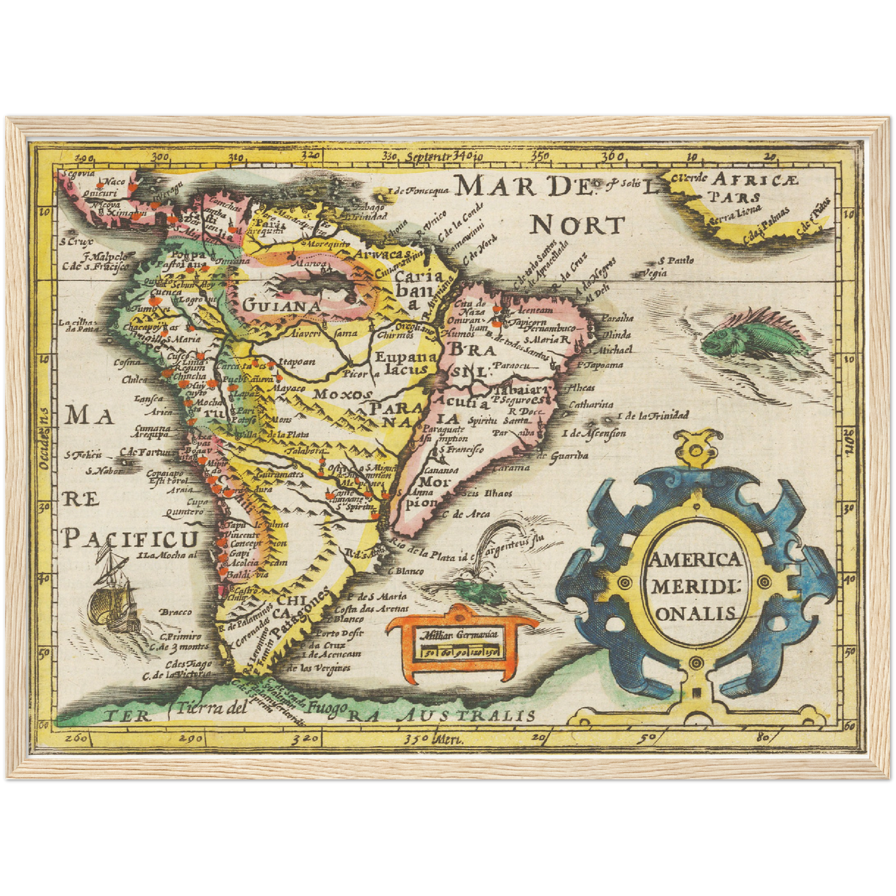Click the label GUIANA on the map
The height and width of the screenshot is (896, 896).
point(281,306)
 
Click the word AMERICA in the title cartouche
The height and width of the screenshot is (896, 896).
point(694,560)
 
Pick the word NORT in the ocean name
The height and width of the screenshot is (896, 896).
point(577,226)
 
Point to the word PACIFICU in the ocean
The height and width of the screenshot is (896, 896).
point(130,539)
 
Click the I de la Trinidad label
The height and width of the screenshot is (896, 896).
point(652,415)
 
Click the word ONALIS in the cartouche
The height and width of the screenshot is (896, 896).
point(696,613)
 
